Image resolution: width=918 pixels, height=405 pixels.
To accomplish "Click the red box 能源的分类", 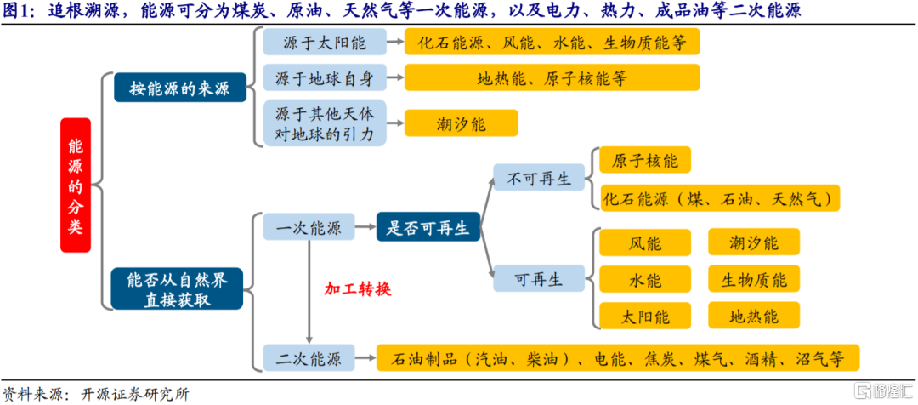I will click(75, 185).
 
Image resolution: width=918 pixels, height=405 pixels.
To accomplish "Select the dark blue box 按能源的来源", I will click(178, 88).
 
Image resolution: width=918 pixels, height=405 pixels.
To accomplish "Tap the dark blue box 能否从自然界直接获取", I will click(178, 288).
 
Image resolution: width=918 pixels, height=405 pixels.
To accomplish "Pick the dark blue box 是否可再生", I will click(428, 227).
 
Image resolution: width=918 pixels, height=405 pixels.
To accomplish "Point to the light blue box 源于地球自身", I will click(326, 78).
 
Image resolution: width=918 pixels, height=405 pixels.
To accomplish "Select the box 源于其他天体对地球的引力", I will click(326, 123).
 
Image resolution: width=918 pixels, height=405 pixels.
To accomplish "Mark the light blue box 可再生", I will click(539, 278).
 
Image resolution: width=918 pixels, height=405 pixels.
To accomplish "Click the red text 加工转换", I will click(357, 289).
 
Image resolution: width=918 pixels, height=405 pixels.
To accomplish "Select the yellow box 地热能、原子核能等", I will click(552, 78).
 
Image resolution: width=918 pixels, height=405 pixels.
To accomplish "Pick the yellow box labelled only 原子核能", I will click(645, 160).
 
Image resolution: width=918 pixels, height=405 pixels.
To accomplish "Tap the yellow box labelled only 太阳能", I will click(645, 316).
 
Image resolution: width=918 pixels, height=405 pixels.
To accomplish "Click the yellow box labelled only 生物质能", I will click(754, 278).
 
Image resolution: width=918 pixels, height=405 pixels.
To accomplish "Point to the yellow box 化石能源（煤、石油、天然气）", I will click(720, 198).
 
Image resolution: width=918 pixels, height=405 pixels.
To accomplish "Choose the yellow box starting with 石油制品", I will click(618, 357).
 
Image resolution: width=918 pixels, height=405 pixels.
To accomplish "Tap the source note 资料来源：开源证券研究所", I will click(95, 395).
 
